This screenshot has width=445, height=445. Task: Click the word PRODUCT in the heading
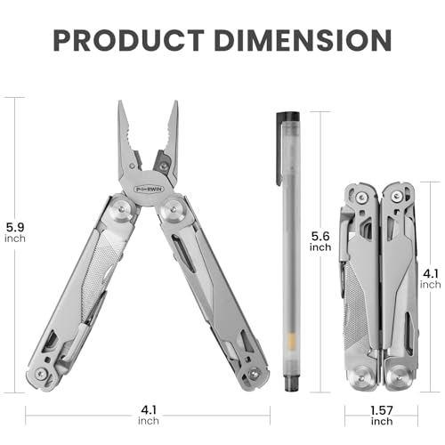click(x=129, y=40)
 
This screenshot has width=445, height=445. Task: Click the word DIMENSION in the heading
click(x=303, y=40)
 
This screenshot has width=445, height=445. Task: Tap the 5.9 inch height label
click(x=15, y=232)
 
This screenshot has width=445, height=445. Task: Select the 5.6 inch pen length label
click(x=320, y=241)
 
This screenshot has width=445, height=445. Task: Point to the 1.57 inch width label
click(x=382, y=416)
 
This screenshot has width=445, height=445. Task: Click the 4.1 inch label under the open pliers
click(x=149, y=415)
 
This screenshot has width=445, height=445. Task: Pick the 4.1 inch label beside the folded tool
click(x=430, y=279)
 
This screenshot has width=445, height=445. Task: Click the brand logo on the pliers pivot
click(x=150, y=189)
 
